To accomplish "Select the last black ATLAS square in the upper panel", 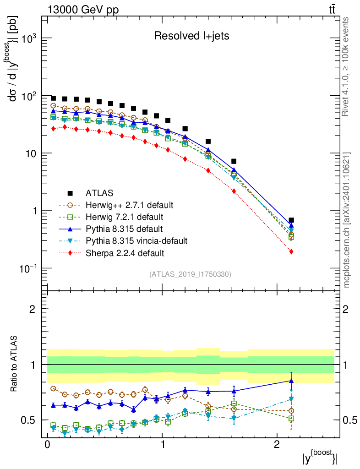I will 291,220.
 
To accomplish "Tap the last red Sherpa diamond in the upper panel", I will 291,251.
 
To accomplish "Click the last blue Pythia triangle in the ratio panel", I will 291,380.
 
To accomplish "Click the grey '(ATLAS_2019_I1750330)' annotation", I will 190,274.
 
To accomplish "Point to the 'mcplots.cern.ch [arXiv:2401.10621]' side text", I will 347,219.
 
